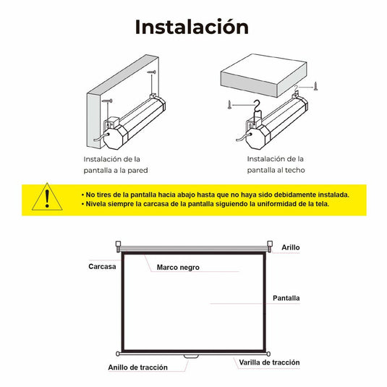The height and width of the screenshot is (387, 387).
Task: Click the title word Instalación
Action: [192, 27]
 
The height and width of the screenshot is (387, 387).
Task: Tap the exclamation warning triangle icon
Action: [48, 197]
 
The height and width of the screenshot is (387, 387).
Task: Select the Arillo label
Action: [291, 247]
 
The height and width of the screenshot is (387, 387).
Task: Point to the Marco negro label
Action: [178, 268]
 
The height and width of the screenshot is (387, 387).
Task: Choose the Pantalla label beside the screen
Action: [286, 298]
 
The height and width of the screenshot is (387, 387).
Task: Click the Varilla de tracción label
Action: [270, 362]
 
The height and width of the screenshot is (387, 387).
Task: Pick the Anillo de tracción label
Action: [137, 367]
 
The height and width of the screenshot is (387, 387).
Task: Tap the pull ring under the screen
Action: [191, 356]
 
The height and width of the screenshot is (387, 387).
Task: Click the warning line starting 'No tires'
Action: [218, 195]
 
